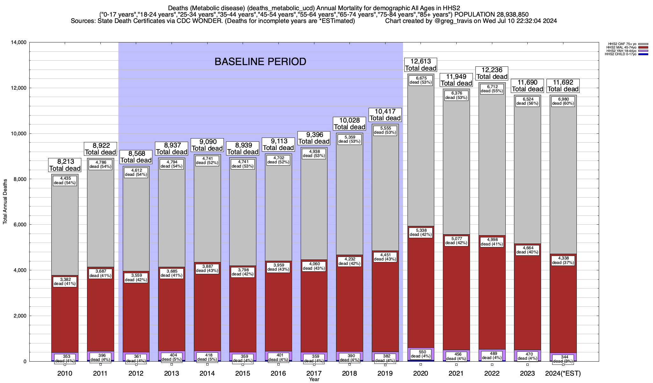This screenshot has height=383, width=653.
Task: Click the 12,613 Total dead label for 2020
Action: [x=421, y=65]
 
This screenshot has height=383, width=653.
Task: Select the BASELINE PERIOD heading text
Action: [x=260, y=62]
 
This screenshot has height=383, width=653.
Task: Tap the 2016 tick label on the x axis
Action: [x=278, y=373]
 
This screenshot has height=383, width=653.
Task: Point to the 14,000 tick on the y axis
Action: [x=19, y=42]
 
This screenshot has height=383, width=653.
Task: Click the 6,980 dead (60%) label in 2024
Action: [x=563, y=101]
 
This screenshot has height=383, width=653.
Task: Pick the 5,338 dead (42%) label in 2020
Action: [x=421, y=232]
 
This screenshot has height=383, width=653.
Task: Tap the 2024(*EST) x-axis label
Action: [x=563, y=373]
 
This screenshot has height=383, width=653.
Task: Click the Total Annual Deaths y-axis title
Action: [x=5, y=201]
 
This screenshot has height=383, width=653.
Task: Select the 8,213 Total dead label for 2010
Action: [x=65, y=165]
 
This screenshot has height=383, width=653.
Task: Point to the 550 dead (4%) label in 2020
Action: [x=421, y=354]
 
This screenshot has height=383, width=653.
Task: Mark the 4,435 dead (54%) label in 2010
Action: [x=65, y=181]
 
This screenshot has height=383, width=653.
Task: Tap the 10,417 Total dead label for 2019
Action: [x=385, y=115]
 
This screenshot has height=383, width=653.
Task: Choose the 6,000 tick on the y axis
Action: [x=20, y=225]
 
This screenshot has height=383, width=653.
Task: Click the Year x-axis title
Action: [x=314, y=379]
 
